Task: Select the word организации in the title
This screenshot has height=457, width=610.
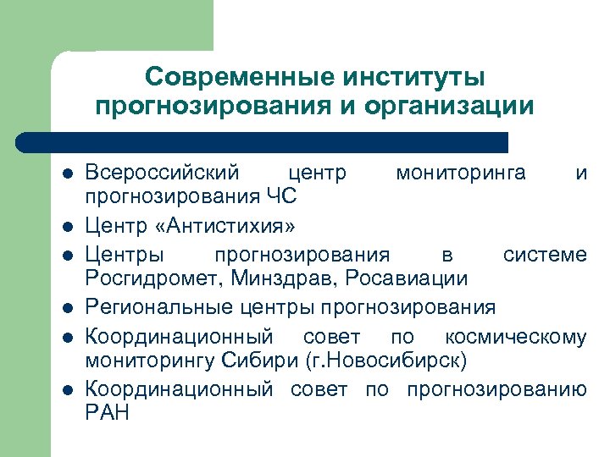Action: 450,107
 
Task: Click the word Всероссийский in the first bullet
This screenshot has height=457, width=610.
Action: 162,173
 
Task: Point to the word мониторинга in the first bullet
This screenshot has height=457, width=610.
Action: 460,173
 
